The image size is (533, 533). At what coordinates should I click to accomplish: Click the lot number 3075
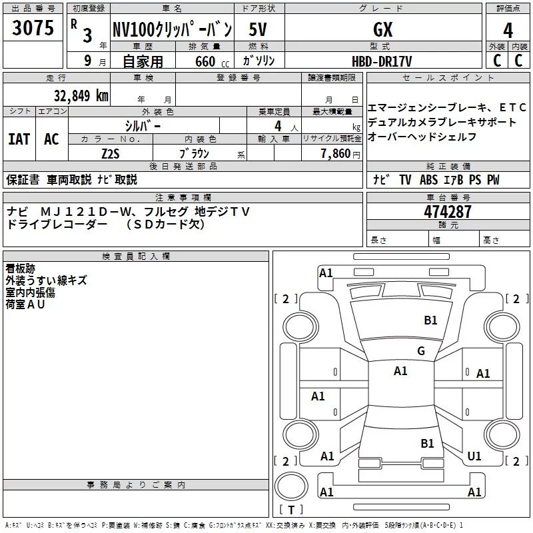[33, 28]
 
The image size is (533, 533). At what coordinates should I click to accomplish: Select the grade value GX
[383, 29]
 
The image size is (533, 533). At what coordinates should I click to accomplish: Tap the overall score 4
[508, 31]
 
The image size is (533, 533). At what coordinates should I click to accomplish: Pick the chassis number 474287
[448, 212]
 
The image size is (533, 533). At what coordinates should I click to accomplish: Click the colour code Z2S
[111, 153]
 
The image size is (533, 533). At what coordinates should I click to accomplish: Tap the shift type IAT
[19, 139]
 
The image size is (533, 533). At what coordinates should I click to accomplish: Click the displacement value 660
[205, 61]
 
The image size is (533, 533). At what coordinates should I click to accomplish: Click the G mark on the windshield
[420, 351]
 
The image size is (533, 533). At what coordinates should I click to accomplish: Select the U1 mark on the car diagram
[474, 456]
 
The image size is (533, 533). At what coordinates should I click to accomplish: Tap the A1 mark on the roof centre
[400, 371]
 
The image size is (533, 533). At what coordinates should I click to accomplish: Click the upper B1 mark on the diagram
[430, 320]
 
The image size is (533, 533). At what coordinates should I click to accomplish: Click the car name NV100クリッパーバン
[171, 29]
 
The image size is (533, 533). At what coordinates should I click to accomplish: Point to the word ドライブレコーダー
[57, 225]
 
